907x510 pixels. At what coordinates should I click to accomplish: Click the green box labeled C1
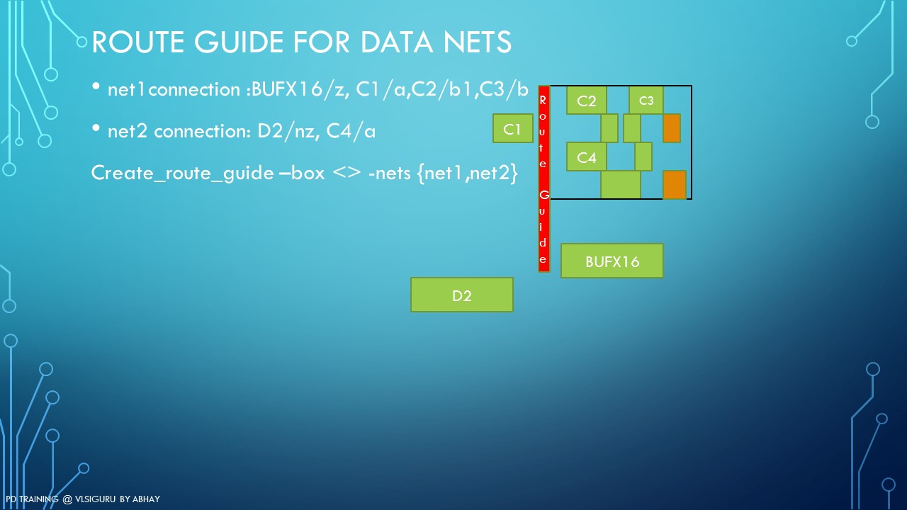point(512,128)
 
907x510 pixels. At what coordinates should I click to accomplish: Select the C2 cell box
point(586,100)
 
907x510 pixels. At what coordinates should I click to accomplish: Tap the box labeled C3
point(646,100)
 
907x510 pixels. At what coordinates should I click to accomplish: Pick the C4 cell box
point(586,157)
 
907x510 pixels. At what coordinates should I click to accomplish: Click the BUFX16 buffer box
point(612,261)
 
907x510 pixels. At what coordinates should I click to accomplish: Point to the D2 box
point(461,295)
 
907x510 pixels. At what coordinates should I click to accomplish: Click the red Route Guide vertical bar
point(543,179)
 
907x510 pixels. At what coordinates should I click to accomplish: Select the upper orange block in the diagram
point(671,128)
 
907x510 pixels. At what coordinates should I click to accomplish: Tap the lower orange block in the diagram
point(674,185)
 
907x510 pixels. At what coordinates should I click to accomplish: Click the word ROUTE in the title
point(138,42)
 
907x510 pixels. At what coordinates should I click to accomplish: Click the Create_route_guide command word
point(183,174)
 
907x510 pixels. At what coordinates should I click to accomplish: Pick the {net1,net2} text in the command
point(468,174)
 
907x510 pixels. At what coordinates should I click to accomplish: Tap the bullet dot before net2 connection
point(96,128)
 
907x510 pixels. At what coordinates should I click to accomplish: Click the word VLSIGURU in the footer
point(95,499)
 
